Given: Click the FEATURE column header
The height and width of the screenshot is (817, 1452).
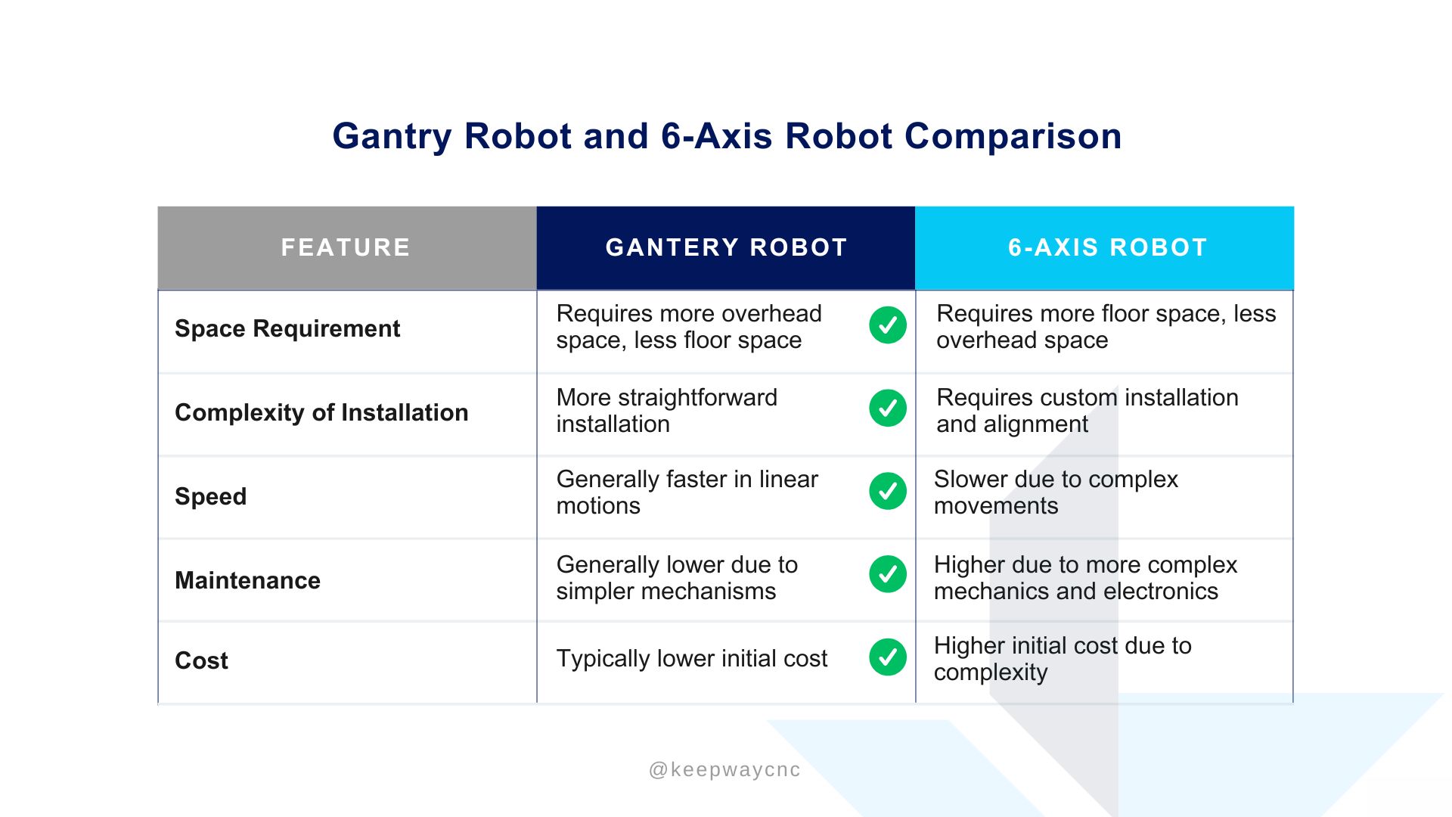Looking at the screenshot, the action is [x=346, y=247].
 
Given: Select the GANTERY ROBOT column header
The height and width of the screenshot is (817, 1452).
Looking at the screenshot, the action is [x=726, y=247].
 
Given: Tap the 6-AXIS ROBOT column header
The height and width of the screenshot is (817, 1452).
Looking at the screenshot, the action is [x=1107, y=247].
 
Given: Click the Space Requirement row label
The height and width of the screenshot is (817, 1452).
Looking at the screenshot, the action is [x=287, y=329].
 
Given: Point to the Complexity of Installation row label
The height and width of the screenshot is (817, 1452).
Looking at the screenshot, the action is [x=321, y=412].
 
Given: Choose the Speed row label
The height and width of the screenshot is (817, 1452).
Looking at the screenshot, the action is [x=210, y=496].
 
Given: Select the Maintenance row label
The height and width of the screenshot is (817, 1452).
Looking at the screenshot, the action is [x=247, y=580].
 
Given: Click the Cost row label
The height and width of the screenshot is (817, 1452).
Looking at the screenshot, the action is [x=201, y=660].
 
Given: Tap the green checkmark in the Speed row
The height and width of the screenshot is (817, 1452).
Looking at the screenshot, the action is [x=888, y=491].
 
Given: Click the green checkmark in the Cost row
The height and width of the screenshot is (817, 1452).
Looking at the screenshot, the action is [x=888, y=657].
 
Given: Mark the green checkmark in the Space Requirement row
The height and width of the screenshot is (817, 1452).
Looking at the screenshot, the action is [x=888, y=325].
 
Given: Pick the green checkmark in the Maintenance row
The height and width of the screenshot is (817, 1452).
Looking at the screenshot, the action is [x=888, y=574].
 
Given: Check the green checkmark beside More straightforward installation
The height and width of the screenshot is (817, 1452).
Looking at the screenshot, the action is [x=888, y=408].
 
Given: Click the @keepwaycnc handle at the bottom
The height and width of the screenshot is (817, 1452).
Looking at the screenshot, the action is [x=724, y=770].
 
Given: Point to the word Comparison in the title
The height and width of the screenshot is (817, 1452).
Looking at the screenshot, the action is [x=1013, y=136].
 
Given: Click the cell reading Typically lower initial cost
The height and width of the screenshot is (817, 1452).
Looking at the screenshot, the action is [x=692, y=658].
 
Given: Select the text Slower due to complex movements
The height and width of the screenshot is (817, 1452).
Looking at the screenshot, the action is [x=1056, y=492].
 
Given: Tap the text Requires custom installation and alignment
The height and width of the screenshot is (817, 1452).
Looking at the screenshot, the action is [x=1087, y=411].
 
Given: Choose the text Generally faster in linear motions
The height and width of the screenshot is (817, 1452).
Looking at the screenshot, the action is [x=687, y=492].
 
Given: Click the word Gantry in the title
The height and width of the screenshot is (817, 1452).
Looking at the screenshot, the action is [x=392, y=137].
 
